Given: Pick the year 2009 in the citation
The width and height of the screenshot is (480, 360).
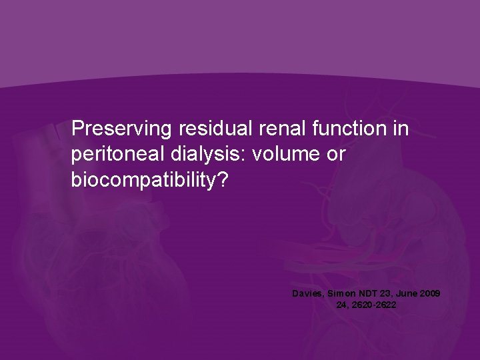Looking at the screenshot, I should click(430, 293).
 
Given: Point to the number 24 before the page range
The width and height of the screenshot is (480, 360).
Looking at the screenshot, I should click(343, 305).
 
